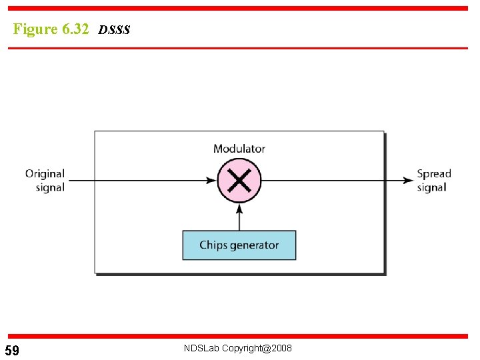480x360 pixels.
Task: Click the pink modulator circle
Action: pos(239,180)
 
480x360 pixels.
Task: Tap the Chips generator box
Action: pos(239,245)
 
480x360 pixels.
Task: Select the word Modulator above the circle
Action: pos(239,149)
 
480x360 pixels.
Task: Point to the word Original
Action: pos(45,174)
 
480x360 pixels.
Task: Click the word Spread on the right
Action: pos(434,174)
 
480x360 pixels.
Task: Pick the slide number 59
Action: pos(12,351)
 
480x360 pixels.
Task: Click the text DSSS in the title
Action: pos(114,30)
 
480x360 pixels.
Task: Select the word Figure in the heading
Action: pos(35,29)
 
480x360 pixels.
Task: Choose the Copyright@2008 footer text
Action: pos(257,349)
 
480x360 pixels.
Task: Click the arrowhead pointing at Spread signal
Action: pos(409,180)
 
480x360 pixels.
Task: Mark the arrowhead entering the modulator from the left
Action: pos(213,180)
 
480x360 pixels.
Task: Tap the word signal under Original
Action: pos(50,188)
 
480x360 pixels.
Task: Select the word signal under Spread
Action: pos(431,188)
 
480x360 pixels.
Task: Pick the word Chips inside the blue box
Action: pos(213,245)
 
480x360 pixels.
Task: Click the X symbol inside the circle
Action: pos(239,181)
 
